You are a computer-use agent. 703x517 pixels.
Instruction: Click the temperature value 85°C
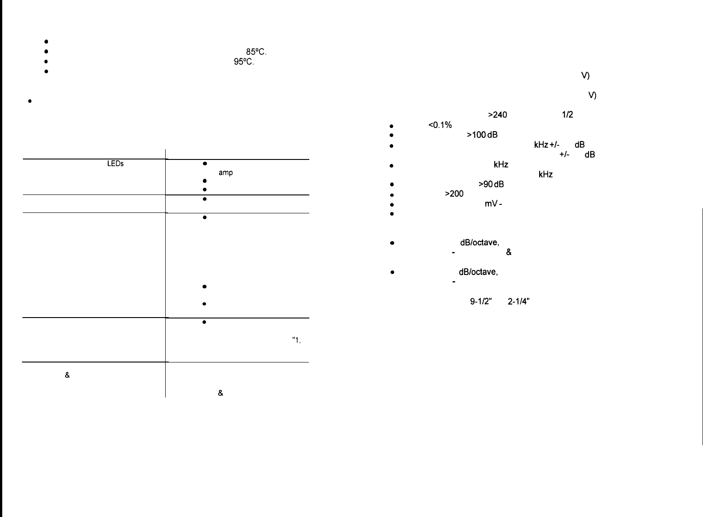[256, 52]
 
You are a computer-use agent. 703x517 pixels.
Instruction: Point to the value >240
[497, 115]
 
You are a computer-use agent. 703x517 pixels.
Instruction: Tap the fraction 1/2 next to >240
[567, 115]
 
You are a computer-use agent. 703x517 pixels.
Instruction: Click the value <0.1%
[440, 125]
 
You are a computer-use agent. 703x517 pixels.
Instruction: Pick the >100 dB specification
[482, 135]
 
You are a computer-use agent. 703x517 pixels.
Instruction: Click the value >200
[454, 194]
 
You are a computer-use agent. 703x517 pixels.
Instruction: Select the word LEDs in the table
[115, 164]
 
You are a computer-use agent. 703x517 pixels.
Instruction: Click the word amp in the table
[225, 173]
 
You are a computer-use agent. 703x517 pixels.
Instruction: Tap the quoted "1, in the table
[296, 340]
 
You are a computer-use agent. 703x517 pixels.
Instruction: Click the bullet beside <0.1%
[392, 126]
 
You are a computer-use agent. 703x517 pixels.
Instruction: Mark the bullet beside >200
[392, 195]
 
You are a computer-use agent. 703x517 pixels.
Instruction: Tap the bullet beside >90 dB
[392, 185]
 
